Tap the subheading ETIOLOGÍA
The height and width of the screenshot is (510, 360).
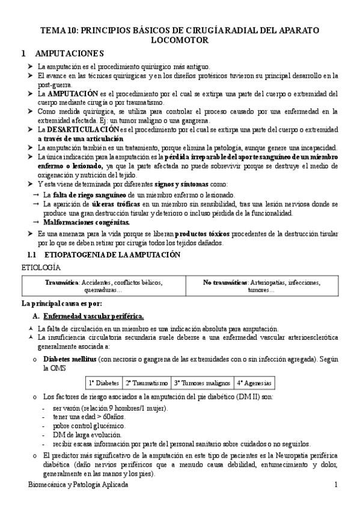41,265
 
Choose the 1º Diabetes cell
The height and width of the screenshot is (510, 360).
104,382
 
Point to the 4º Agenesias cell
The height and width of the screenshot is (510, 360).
254,382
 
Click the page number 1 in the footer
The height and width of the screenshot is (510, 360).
336,485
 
